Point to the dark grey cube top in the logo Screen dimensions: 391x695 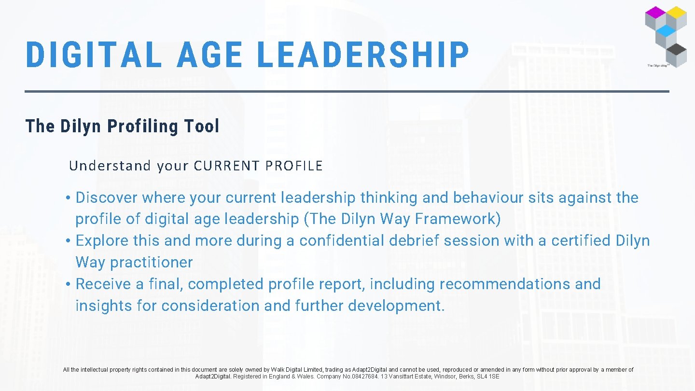[x=677, y=49]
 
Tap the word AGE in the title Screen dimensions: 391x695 [x=210, y=55]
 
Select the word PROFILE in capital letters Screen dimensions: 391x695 [x=294, y=166]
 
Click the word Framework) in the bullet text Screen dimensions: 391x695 [x=458, y=219]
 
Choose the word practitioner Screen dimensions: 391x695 [x=151, y=263]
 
